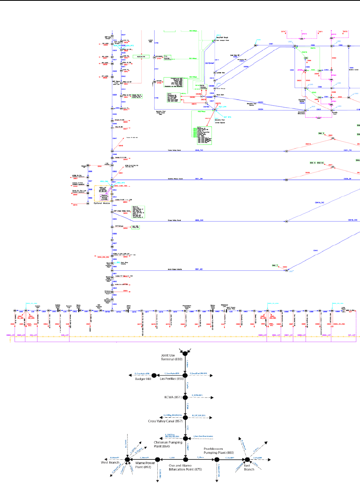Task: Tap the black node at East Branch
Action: point(247,459)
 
